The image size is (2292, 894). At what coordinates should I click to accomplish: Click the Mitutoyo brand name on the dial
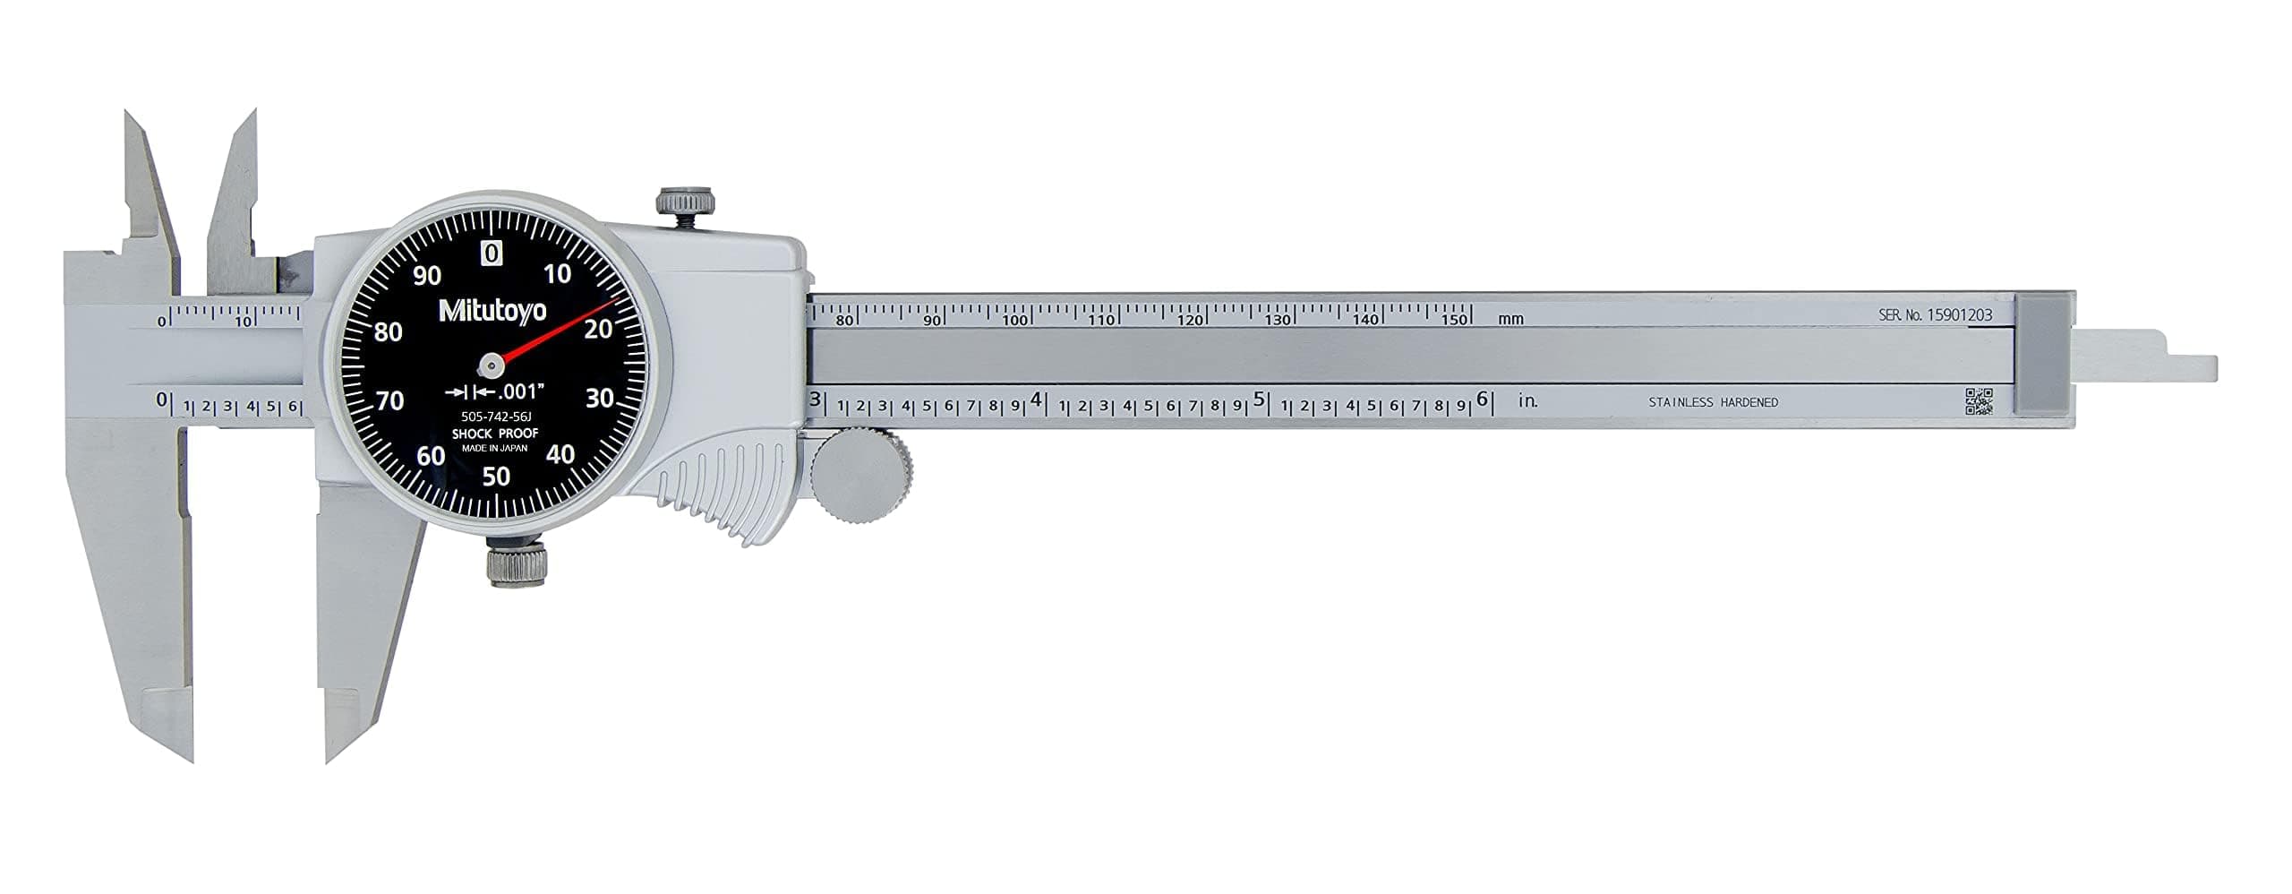tap(492, 310)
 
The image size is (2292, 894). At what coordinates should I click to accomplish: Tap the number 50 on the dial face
tap(496, 477)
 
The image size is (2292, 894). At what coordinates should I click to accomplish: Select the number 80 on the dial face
tap(389, 332)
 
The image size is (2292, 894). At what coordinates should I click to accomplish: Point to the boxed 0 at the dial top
tap(492, 254)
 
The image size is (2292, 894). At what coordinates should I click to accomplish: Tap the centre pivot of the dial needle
tap(491, 364)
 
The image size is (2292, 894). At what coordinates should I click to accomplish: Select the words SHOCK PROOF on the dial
tap(495, 434)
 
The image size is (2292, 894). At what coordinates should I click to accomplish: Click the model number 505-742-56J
tap(495, 417)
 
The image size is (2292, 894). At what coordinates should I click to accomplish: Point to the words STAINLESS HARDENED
tap(1713, 403)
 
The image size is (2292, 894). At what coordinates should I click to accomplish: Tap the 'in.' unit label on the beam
tap(1528, 401)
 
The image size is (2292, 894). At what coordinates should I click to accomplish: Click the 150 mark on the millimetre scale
tap(1455, 320)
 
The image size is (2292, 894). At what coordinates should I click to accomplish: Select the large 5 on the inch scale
tap(1259, 400)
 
